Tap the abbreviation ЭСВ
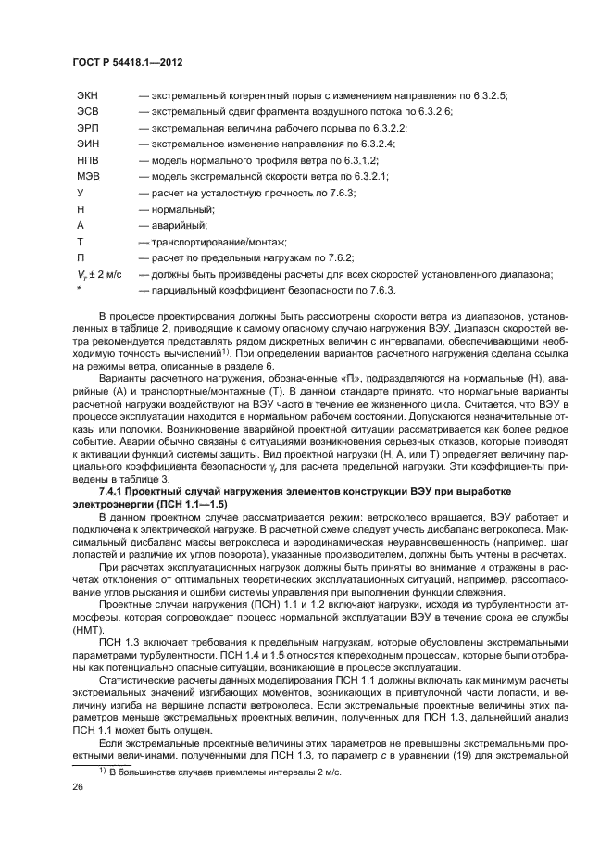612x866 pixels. click(x=89, y=112)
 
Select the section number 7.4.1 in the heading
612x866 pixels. click(x=113, y=489)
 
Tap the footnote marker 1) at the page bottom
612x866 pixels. click(x=104, y=769)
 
